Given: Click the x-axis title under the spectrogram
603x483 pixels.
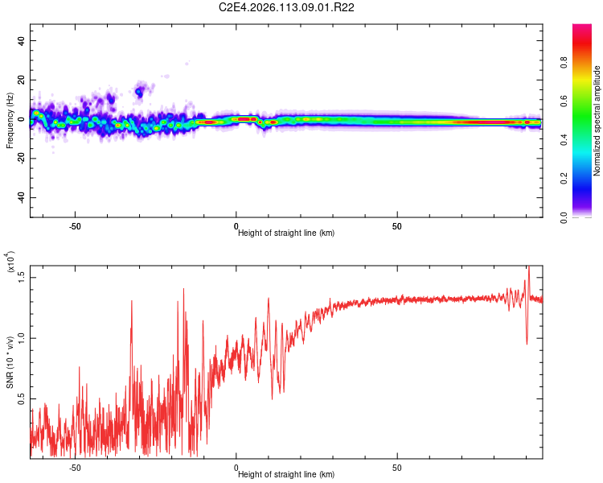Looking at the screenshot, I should point(286,233).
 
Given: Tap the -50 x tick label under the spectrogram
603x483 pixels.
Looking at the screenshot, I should point(75,226).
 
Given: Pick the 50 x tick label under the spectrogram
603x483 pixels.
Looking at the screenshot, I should point(398,226).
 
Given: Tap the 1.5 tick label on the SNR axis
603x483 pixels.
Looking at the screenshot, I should point(21,277).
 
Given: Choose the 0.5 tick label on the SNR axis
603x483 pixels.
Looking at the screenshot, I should point(21,398).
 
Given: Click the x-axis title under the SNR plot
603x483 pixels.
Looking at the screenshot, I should point(286,475).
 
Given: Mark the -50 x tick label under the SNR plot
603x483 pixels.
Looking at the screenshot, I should point(75,468).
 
